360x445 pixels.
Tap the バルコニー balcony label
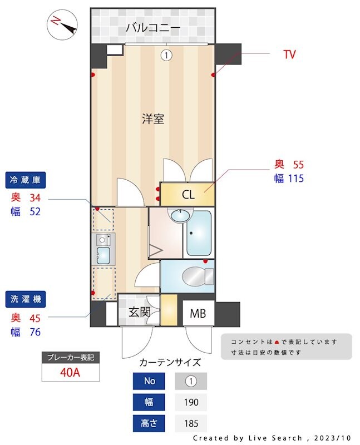152,27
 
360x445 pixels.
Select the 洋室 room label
152,118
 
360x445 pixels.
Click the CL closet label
188,195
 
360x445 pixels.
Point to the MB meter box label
198,314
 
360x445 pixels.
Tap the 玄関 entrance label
140,312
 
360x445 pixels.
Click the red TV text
289,55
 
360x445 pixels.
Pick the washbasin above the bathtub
180,215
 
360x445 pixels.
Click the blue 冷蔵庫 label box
26,180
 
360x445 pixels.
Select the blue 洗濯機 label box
26,299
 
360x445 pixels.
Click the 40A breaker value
70,372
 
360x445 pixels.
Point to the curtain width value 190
191,402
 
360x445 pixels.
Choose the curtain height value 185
191,423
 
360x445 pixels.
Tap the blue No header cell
149,382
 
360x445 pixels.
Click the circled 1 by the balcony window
166,55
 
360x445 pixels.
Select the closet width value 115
293,179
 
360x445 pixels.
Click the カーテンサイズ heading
170,363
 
